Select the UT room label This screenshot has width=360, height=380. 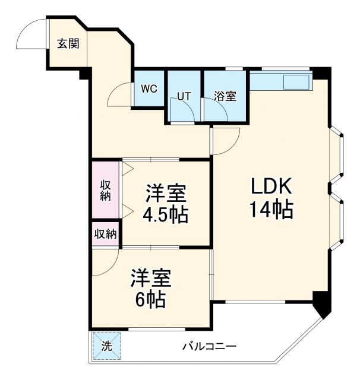pos(184,96)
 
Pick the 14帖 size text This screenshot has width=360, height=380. pos(271,210)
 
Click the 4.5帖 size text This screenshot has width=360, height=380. pos(166,214)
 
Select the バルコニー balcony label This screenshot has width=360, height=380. pos(210,346)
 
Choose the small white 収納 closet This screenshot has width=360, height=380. pos(105,233)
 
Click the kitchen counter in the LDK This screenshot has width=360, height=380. pos(280,81)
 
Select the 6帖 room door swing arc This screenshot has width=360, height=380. pos(106,261)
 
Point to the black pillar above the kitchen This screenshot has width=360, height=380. pos(321,74)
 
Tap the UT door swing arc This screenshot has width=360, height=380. pos(186,109)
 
